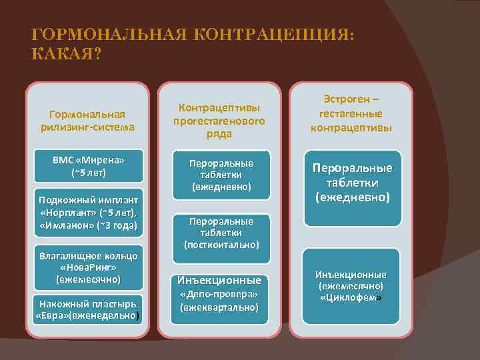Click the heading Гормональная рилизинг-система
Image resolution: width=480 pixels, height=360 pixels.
[x=87, y=120]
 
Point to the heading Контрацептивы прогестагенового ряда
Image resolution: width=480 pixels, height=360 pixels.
[x=219, y=121]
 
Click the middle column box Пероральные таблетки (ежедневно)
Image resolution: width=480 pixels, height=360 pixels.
[x=221, y=175]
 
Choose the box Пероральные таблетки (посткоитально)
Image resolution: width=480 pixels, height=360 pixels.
[x=221, y=233]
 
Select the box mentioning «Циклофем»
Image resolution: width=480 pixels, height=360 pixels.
[x=352, y=285]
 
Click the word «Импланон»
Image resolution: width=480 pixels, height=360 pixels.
[x=66, y=226]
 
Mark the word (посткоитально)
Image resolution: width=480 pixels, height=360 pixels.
[x=221, y=245]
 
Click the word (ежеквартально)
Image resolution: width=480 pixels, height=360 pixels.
[x=220, y=307]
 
